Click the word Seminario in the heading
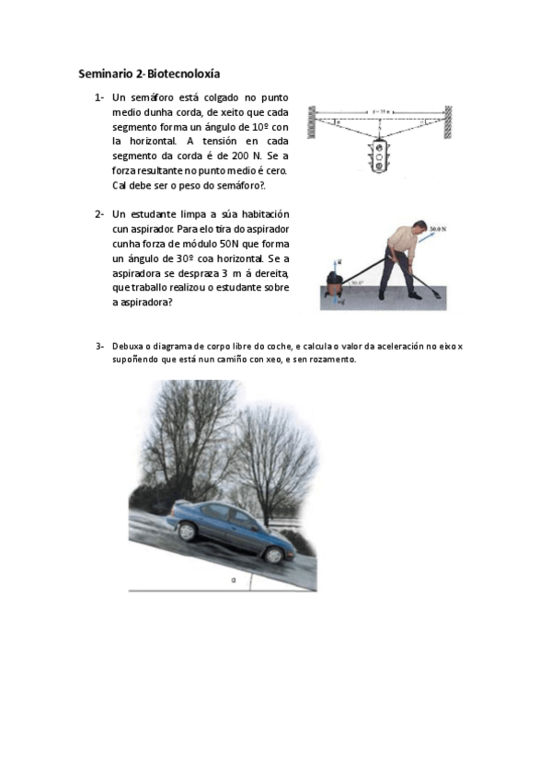(x=104, y=73)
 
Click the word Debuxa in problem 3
(x=127, y=346)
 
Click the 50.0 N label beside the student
(x=438, y=227)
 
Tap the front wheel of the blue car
(x=273, y=554)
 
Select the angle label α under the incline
(x=235, y=580)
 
